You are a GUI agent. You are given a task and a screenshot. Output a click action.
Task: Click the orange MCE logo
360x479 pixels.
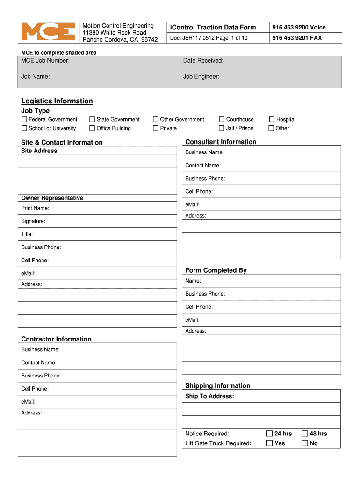click(x=49, y=32)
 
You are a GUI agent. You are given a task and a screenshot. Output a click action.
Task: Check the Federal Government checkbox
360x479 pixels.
click(x=24, y=120)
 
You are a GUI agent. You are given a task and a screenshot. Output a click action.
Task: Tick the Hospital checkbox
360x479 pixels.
click(x=272, y=120)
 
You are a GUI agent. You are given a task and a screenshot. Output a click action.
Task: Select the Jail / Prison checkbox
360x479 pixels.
click(x=222, y=128)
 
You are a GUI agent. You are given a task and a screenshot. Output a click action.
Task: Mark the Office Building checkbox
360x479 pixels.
click(x=92, y=128)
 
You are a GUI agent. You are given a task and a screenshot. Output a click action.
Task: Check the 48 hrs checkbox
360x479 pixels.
click(x=305, y=434)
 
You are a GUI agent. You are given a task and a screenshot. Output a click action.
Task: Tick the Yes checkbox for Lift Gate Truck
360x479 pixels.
click(x=269, y=443)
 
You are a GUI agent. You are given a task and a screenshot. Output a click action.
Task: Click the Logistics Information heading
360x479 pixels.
click(x=57, y=101)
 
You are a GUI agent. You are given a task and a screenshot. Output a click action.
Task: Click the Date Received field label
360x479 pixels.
click(x=203, y=61)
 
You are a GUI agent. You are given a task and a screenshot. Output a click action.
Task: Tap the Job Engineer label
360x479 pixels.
click(x=201, y=76)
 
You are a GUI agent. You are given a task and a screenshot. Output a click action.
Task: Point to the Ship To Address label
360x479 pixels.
click(x=209, y=396)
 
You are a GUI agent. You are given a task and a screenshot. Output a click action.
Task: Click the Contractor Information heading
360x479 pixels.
click(x=56, y=339)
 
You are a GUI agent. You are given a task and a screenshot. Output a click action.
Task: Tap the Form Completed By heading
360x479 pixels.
click(x=216, y=270)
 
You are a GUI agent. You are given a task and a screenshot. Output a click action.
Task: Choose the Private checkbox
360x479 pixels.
click(x=156, y=128)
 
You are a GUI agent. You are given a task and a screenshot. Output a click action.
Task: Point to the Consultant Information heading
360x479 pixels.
click(x=221, y=142)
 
